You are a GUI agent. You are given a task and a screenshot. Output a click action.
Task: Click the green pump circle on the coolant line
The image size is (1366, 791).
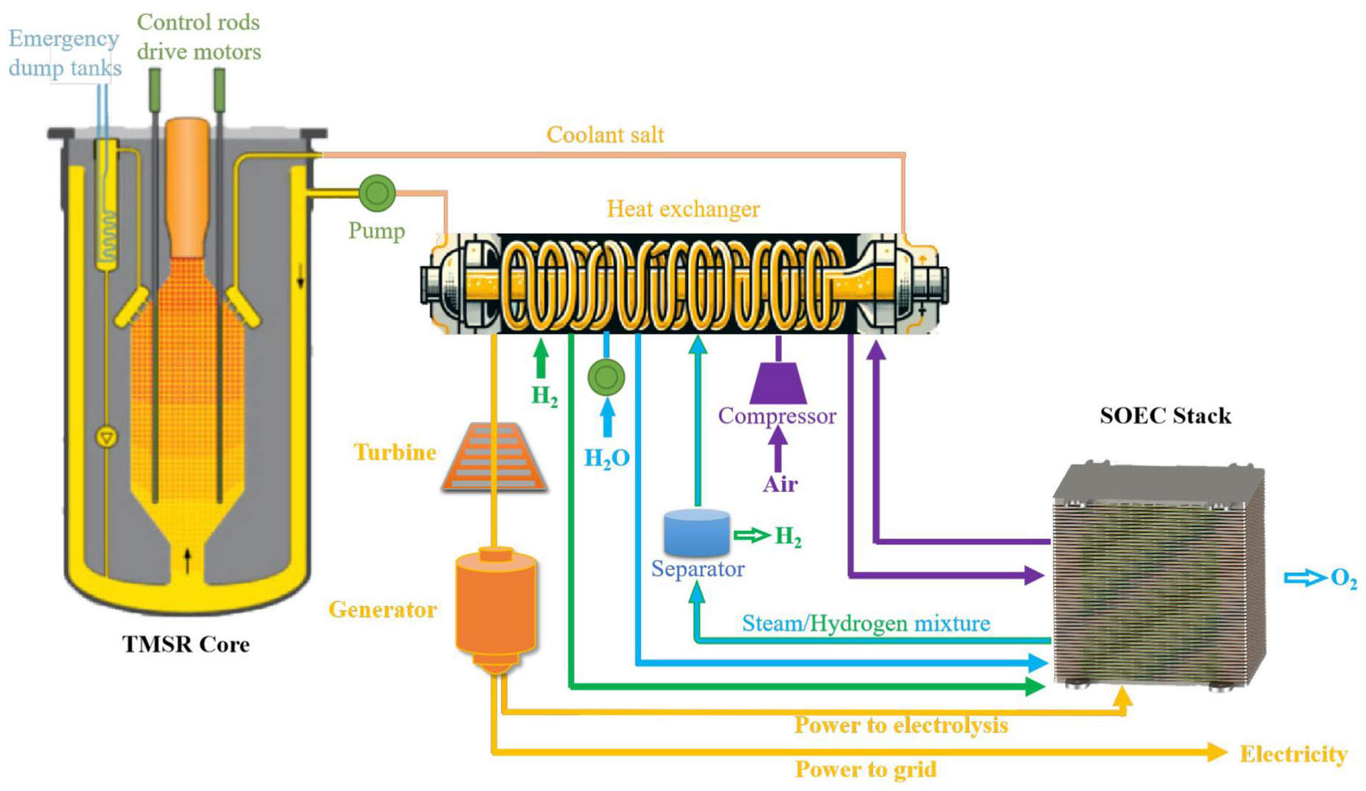(x=377, y=192)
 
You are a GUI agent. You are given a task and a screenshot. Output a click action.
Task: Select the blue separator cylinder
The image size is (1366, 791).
(x=696, y=533)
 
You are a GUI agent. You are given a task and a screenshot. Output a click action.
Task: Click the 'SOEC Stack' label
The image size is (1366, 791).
(x=1165, y=416)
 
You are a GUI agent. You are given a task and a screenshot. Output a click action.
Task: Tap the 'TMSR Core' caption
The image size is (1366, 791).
(x=186, y=644)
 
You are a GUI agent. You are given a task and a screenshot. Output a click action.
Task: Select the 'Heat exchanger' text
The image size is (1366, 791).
(x=683, y=209)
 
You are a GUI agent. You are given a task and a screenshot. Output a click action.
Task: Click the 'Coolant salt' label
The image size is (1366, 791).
(x=605, y=135)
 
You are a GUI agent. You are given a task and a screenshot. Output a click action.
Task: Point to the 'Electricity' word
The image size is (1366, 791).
(x=1293, y=754)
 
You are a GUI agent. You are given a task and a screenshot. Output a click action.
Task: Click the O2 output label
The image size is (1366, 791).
(x=1343, y=578)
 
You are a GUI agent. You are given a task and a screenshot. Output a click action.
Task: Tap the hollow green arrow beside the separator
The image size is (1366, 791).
(x=752, y=536)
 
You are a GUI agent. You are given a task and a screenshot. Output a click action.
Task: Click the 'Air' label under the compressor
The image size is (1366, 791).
(x=780, y=484)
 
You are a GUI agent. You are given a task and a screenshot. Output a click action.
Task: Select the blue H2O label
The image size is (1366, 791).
(x=607, y=458)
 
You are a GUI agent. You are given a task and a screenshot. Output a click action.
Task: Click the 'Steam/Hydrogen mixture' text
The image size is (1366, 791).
(x=866, y=624)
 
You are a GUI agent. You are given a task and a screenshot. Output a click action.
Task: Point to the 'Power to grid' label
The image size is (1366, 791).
(x=866, y=769)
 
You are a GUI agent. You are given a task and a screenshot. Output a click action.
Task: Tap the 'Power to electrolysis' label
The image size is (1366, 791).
(x=901, y=725)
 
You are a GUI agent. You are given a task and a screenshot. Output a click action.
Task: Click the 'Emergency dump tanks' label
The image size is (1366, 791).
(x=65, y=53)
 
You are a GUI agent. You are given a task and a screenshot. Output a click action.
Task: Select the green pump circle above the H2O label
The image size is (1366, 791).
(x=606, y=378)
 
